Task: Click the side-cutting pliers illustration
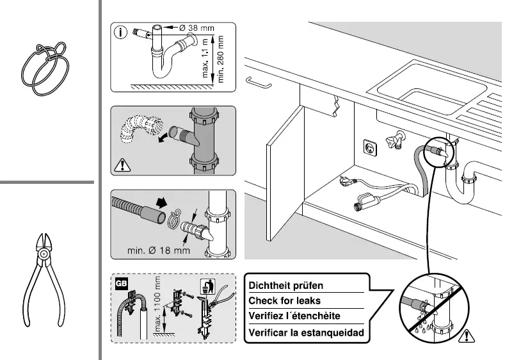click(45, 275)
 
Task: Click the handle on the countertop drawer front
click(258, 81)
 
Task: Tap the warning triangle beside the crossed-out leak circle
click(471, 334)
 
